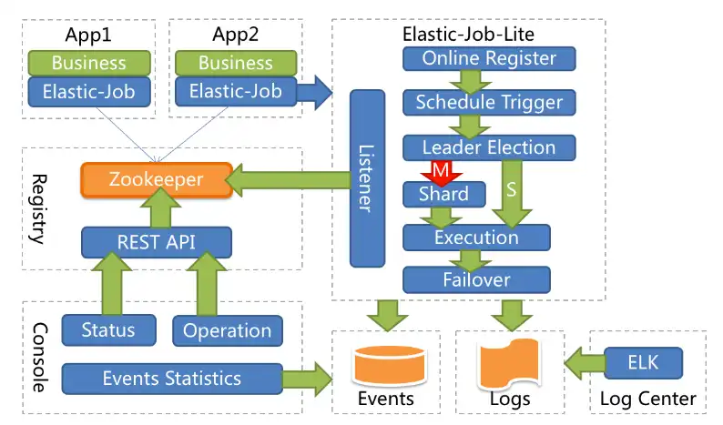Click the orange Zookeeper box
coord(156,180)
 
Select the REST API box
coord(156,242)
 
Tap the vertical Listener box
coord(367,177)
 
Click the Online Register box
coord(489,59)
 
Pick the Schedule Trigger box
coord(489,103)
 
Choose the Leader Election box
coord(489,147)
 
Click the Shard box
coord(443,194)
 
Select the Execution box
coord(476,238)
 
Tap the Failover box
coord(476,279)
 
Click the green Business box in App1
coord(89,63)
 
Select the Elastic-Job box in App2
coord(235,91)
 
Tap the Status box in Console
coord(108,329)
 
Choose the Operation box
coord(227,330)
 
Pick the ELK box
coord(643,363)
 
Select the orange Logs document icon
coord(510,363)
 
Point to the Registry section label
coord(36,208)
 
